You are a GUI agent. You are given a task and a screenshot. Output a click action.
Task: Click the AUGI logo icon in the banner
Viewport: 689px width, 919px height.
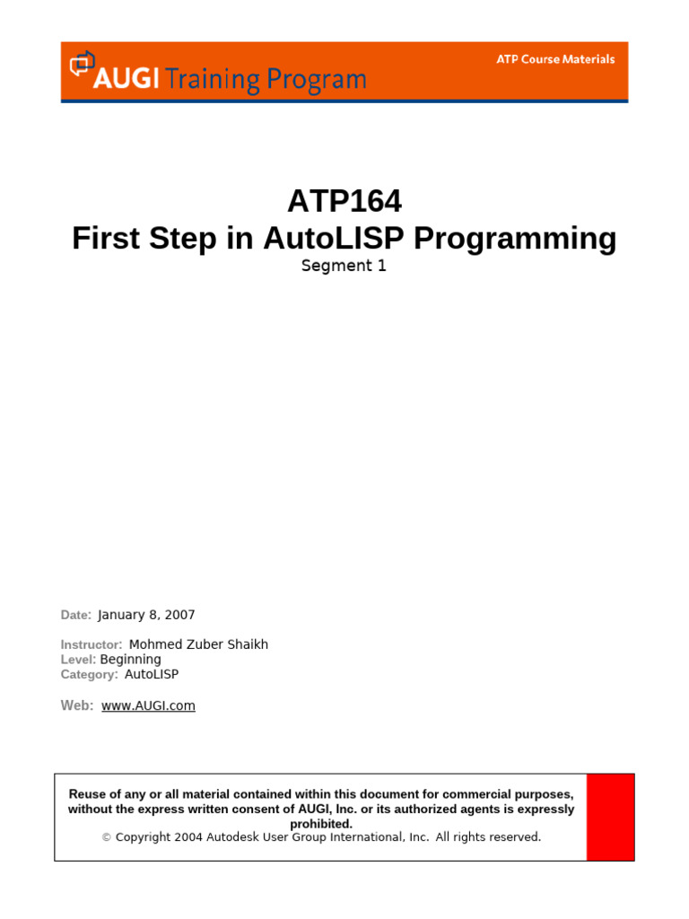coord(83,65)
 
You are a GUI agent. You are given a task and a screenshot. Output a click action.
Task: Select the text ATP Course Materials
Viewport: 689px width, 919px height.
coord(556,59)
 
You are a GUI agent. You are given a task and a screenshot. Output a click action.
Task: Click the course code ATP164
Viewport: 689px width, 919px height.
coord(344,200)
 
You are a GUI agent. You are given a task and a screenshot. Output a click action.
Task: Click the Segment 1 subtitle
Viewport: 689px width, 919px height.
coord(344,266)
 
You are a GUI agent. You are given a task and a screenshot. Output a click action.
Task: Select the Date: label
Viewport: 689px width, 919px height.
coord(76,616)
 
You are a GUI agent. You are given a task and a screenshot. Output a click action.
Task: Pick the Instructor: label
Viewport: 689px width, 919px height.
coord(92,644)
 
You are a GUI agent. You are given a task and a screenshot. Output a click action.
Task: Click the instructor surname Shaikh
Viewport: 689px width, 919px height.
coord(245,644)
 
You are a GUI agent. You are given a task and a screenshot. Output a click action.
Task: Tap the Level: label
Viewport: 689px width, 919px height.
coord(78,660)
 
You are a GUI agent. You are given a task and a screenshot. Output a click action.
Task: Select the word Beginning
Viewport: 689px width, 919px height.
coord(131,660)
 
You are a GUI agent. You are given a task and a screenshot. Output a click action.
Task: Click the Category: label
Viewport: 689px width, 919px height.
coord(90,674)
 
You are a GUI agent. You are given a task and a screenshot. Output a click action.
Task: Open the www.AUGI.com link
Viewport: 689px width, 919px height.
coord(148,705)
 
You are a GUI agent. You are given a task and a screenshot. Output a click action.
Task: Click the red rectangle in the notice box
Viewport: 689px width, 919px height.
coord(610,817)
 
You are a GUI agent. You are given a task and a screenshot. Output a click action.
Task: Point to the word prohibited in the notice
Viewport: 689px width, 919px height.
coord(321,824)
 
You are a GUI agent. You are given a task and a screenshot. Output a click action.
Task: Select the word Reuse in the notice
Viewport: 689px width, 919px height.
coord(88,794)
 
